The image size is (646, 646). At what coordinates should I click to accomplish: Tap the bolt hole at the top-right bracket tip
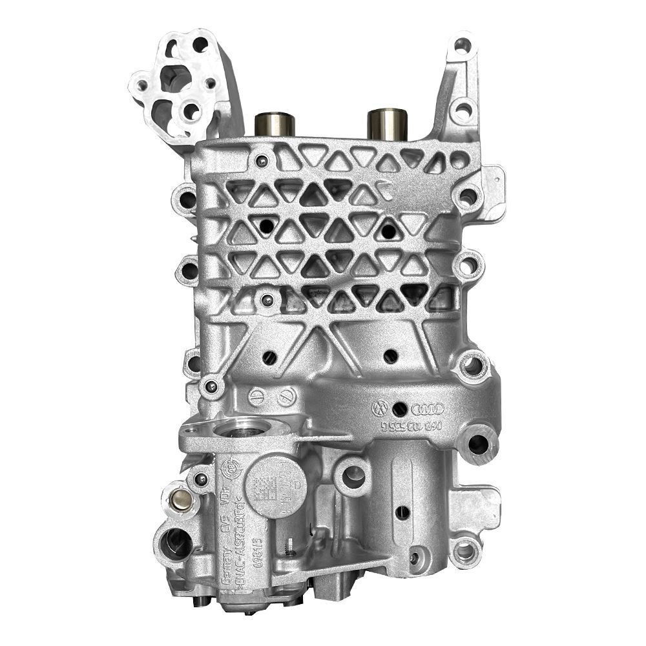point(461,46)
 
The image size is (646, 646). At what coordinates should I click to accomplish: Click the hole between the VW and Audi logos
point(400,408)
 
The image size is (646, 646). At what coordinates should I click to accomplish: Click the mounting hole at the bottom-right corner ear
point(464,552)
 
